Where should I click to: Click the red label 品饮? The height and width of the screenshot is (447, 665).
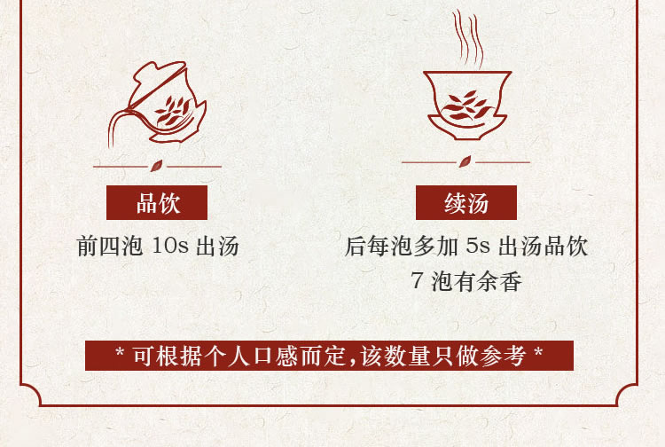[157, 203]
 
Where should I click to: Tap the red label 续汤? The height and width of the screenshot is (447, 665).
[466, 203]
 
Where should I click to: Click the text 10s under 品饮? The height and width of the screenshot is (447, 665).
[170, 246]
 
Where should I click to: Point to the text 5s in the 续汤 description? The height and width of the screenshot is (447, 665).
[478, 246]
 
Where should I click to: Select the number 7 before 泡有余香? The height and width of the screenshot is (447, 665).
[418, 280]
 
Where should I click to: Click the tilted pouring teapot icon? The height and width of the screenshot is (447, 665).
[157, 104]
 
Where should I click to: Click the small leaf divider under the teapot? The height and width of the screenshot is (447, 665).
[156, 166]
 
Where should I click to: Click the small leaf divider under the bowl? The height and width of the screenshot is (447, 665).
[465, 161]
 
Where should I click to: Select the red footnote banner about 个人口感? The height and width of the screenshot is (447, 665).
[329, 356]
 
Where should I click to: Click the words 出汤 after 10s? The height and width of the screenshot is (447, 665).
[217, 246]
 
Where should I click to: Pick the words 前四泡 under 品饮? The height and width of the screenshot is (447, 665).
[110, 246]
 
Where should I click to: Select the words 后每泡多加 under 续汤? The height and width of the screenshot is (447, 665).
[401, 246]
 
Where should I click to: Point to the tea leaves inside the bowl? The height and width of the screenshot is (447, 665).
[466, 106]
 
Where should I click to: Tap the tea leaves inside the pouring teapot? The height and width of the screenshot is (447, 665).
[174, 110]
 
